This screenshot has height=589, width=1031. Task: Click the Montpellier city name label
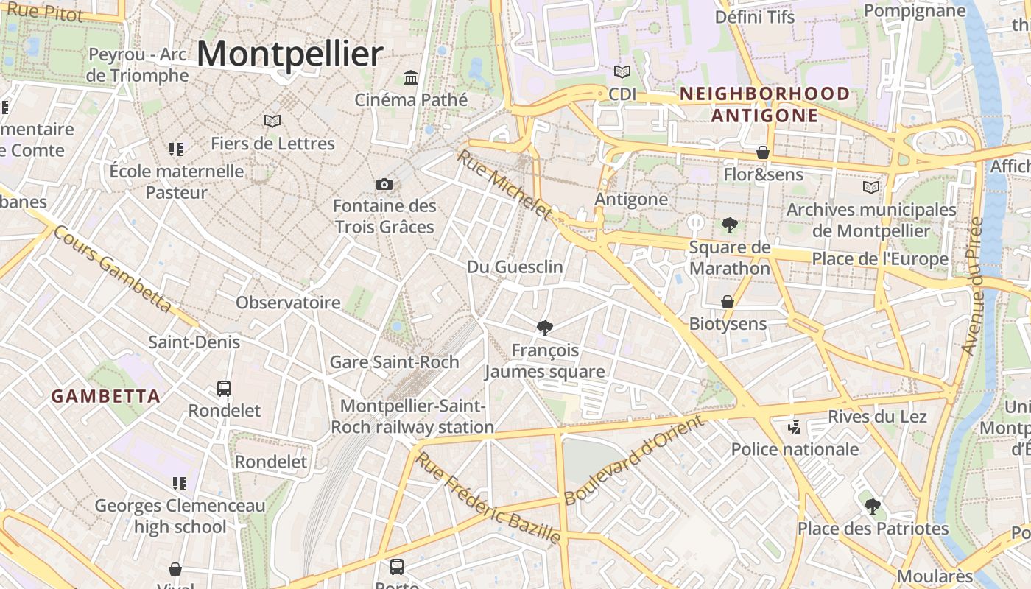pyautogui.click(x=289, y=54)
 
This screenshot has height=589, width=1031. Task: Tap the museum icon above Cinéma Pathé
pyautogui.click(x=411, y=77)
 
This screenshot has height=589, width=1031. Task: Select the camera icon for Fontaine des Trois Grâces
pyautogui.click(x=384, y=184)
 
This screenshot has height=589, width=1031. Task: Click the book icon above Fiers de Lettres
pyautogui.click(x=272, y=121)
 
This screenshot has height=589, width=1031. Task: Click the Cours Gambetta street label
pyautogui.click(x=112, y=268)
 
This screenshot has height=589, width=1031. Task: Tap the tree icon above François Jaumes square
pyautogui.click(x=545, y=328)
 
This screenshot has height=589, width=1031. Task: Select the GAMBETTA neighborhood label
pyautogui.click(x=105, y=396)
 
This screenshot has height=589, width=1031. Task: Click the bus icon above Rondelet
pyautogui.click(x=224, y=388)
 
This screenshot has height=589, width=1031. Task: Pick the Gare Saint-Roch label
pyautogui.click(x=394, y=361)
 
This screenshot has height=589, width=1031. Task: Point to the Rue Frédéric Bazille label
pyautogui.click(x=488, y=498)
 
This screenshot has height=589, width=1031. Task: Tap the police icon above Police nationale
pyautogui.click(x=794, y=427)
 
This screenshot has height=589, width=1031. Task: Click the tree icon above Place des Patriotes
pyautogui.click(x=873, y=507)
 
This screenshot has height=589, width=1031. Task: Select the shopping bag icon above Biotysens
pyautogui.click(x=728, y=302)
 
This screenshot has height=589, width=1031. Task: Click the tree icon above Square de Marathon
pyautogui.click(x=729, y=225)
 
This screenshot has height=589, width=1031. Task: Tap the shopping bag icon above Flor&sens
pyautogui.click(x=763, y=152)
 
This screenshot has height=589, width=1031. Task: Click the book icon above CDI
pyautogui.click(x=622, y=72)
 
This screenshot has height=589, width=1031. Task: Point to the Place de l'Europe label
pyautogui.click(x=880, y=259)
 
